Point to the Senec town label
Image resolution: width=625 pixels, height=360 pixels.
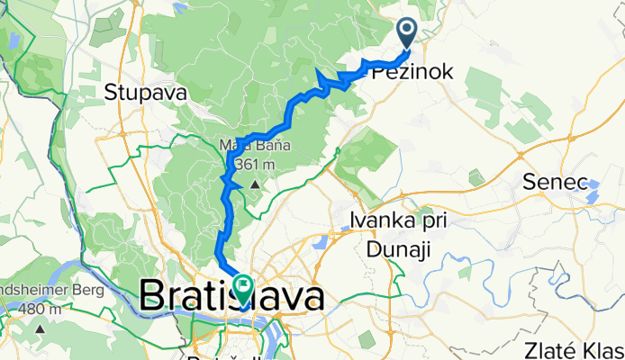pyautogui.click(x=550, y=183)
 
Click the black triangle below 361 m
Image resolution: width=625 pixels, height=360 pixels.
pyautogui.click(x=255, y=184)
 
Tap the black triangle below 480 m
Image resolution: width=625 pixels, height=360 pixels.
pyautogui.click(x=41, y=330)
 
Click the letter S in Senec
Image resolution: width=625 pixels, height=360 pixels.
pyautogui.click(x=530, y=183)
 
